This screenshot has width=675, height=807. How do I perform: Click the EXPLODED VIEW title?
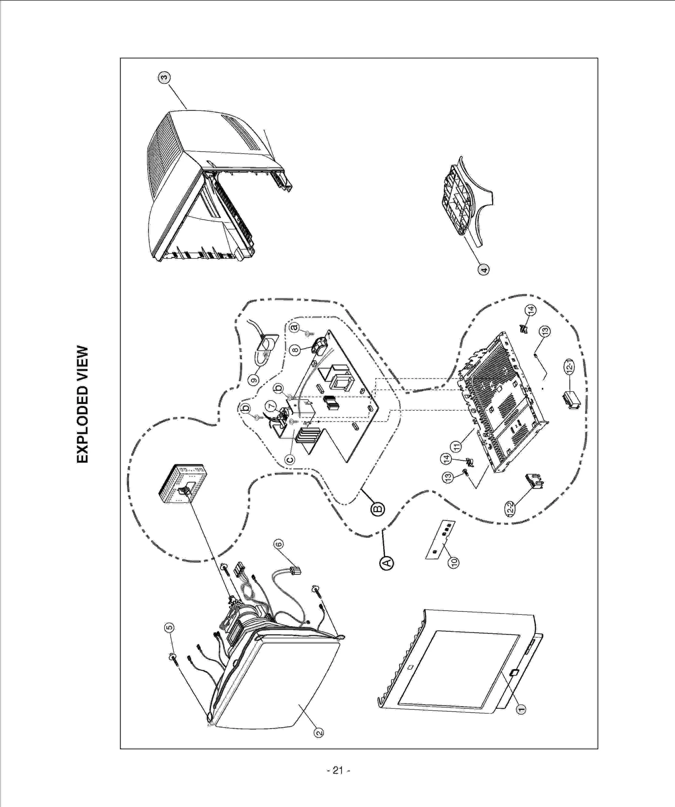[x=83, y=404]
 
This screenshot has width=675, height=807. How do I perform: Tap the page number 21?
[x=338, y=771]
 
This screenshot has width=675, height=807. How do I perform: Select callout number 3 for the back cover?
[x=164, y=77]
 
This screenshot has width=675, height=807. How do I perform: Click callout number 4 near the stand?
[x=483, y=269]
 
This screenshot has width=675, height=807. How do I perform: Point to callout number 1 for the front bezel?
[x=521, y=709]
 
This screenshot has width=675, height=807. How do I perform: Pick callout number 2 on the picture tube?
[x=319, y=733]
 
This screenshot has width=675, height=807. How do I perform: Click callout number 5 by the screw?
[x=169, y=628]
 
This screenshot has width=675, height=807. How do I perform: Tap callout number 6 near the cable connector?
[x=278, y=544]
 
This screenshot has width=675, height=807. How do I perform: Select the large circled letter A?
[x=387, y=562]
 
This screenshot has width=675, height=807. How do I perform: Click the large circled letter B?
[x=378, y=508]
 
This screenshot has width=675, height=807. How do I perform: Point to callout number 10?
[x=454, y=562]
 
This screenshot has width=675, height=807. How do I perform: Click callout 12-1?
[x=569, y=365]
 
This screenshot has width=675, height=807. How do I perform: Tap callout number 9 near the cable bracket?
[x=253, y=380]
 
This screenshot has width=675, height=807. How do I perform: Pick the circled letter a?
[x=294, y=327]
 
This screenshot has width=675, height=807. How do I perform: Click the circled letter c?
[x=289, y=459]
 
